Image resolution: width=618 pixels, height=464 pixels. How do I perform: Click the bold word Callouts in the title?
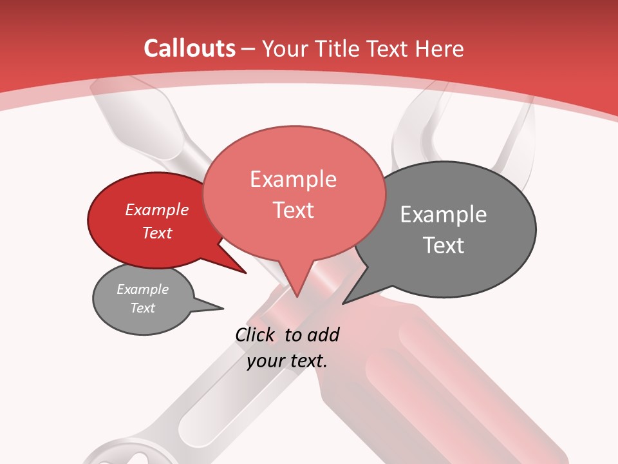(189, 48)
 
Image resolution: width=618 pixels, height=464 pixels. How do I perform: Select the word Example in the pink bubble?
(293, 179)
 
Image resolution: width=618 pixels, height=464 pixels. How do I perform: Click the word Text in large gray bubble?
(444, 246)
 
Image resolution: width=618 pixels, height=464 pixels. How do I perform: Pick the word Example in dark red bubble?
(157, 209)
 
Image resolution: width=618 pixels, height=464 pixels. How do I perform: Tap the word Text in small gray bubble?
(143, 308)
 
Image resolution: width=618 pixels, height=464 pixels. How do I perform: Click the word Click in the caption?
(255, 334)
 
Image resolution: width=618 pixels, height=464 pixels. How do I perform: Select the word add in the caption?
(323, 334)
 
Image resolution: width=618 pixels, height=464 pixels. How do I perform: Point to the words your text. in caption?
(287, 361)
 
